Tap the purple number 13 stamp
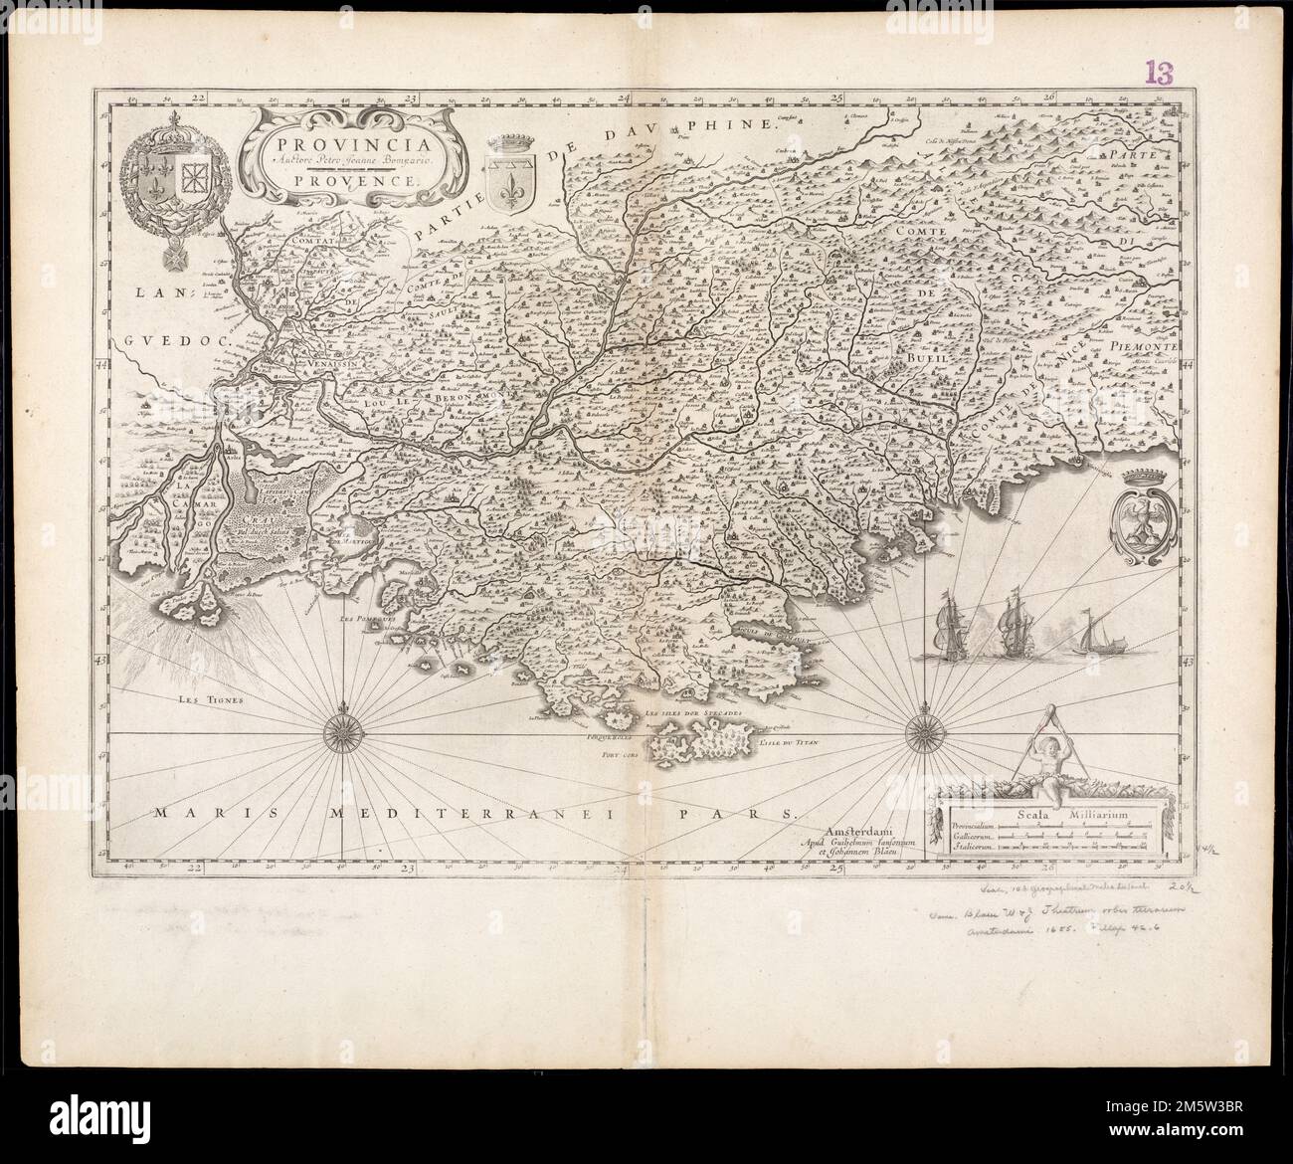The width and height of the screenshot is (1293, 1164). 1160,72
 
